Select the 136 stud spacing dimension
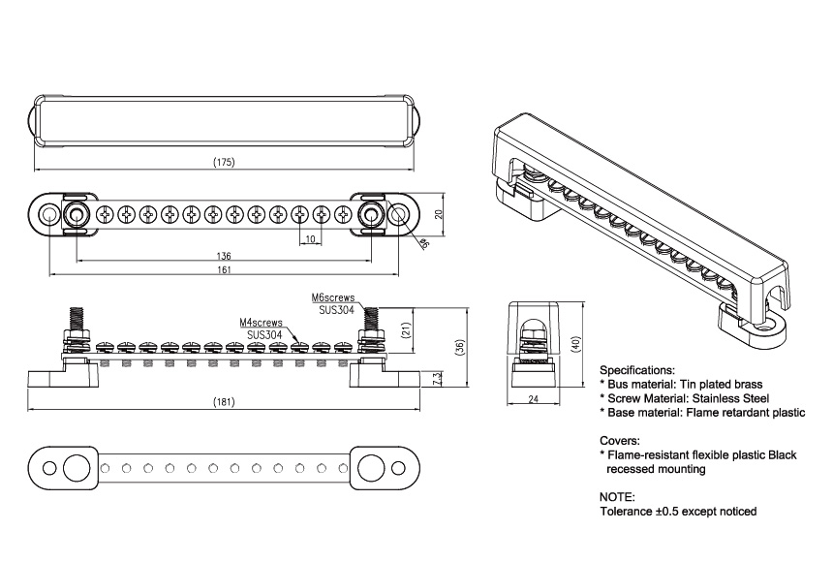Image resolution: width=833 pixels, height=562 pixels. (x=224, y=256)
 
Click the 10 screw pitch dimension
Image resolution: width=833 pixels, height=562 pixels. (x=311, y=238)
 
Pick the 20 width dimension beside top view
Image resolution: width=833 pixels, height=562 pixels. (x=439, y=214)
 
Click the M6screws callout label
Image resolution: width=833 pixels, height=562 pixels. (x=333, y=298)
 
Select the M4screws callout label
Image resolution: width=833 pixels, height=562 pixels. (x=262, y=322)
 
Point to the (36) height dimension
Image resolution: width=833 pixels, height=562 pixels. (x=456, y=348)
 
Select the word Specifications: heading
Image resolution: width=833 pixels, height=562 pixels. (x=637, y=370)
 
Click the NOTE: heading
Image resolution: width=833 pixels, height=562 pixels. (x=618, y=496)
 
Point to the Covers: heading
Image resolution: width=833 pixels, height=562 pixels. (x=620, y=440)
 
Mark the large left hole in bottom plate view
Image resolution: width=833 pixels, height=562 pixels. (x=75, y=468)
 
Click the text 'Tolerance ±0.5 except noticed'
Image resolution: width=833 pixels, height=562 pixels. (x=678, y=511)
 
